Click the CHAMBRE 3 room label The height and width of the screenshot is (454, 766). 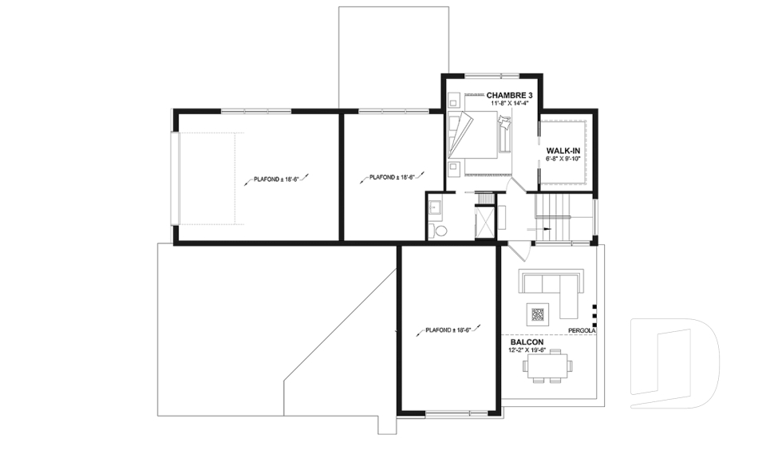[x=509, y=95]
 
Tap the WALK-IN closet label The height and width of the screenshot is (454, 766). [x=563, y=151]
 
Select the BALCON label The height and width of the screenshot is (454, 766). [x=527, y=342]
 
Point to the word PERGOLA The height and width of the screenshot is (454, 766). [x=582, y=331]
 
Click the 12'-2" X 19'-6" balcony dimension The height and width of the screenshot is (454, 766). [x=527, y=350]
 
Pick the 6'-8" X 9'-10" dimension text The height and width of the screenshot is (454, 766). [x=563, y=160]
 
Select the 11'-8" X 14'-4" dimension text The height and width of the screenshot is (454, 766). [x=510, y=104]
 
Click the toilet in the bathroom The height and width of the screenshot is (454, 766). [x=439, y=230]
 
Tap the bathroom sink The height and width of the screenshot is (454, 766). [x=435, y=207]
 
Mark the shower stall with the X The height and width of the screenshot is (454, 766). [x=484, y=223]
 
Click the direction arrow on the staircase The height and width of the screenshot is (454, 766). [x=539, y=229]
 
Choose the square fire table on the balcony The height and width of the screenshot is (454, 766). [x=538, y=314]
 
